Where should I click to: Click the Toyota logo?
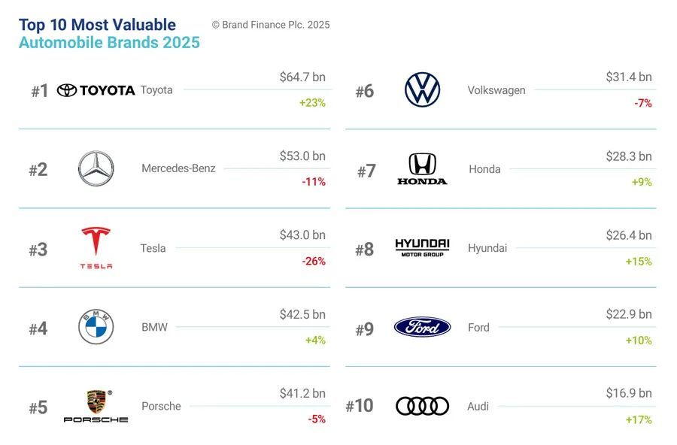pos(96,90)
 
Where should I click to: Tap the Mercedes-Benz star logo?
pos(96,169)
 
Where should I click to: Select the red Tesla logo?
pos(96,247)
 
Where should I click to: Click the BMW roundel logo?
pos(96,327)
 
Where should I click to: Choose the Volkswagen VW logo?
pos(422,90)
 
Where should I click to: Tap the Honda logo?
pos(422,169)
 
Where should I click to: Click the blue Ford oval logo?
pos(422,327)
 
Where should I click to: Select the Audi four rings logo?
pos(422,406)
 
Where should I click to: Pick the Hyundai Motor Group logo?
pos(422,247)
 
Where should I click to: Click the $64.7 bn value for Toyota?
pos(302,77)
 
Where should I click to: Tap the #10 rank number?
pos(359,407)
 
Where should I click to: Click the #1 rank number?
pos(40,91)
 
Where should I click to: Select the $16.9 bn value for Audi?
pos(629,393)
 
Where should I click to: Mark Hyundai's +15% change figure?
pos(639,261)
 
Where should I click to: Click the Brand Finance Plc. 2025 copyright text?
pos(271,25)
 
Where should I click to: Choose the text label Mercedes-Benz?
pos(178,168)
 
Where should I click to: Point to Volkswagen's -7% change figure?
pos(642,103)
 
